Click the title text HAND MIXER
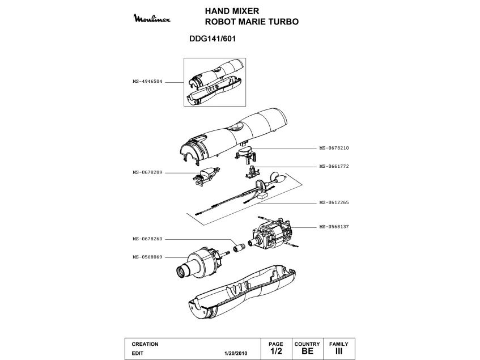[x=233, y=11]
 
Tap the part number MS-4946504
[x=148, y=82]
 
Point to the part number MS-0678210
[x=334, y=148]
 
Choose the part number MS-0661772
[x=334, y=167]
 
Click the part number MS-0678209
[x=148, y=172]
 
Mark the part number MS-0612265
[x=334, y=202]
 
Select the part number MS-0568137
[x=334, y=227]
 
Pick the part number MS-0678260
[x=148, y=239]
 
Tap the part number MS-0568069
[x=148, y=257]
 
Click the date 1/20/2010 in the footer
[x=236, y=353]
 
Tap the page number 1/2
[x=276, y=351]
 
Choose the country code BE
[x=307, y=351]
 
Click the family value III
[x=339, y=351]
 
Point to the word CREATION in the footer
[x=145, y=344]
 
